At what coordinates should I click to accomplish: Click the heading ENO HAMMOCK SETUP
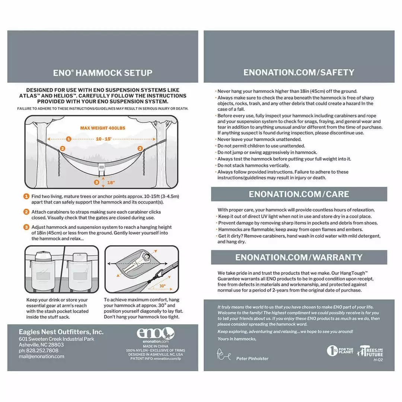(102, 73)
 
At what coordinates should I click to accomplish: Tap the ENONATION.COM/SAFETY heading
(299, 72)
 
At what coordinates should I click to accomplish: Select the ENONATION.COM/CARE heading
(299, 194)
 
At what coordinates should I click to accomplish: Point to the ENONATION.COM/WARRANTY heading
(299, 257)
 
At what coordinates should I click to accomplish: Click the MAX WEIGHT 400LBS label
(102, 128)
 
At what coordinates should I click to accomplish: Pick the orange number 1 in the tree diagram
(68, 139)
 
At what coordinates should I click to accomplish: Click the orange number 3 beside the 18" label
(97, 182)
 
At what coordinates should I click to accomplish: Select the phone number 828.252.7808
(38, 350)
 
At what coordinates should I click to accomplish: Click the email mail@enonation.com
(41, 356)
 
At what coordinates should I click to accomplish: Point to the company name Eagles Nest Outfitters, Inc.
(61, 332)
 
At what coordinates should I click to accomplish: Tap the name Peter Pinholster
(252, 358)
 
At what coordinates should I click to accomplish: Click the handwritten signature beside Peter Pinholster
(224, 355)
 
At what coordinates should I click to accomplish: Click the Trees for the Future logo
(370, 351)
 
